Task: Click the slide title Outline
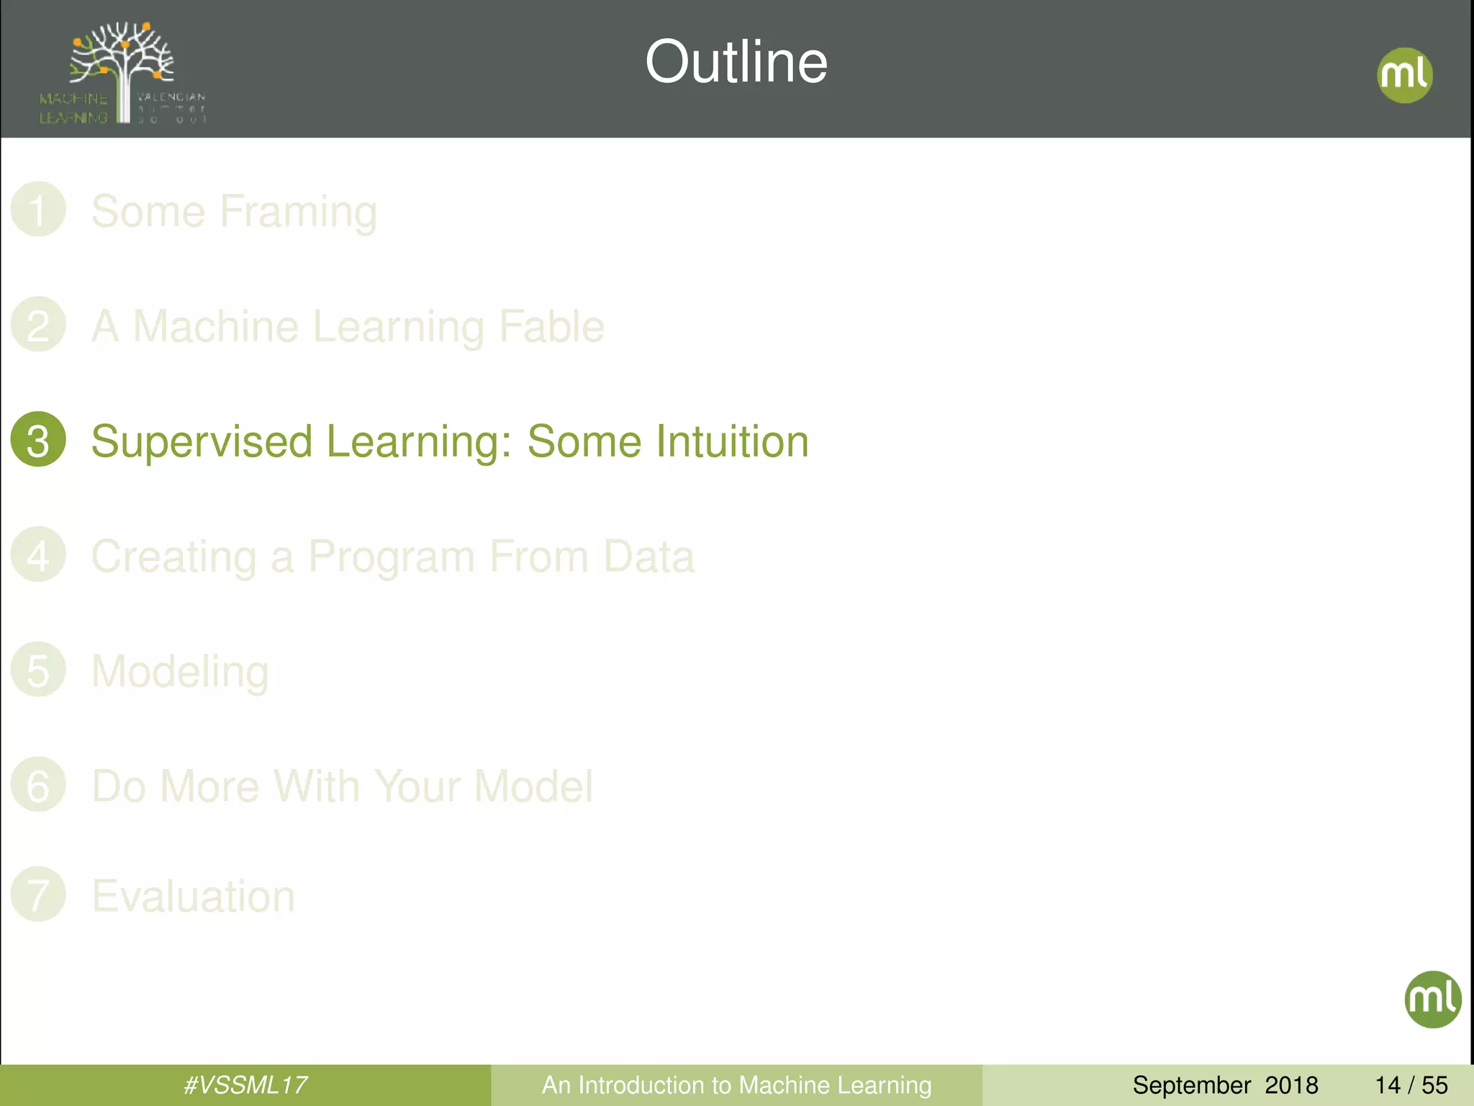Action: (736, 62)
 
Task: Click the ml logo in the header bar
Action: (1404, 75)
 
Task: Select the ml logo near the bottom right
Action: (1432, 999)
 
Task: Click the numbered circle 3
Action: (38, 439)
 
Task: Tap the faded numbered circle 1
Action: (38, 210)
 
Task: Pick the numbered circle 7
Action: (38, 894)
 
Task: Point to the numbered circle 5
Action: (38, 670)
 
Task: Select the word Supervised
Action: (202, 441)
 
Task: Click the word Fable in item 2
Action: (551, 326)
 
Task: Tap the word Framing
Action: (298, 212)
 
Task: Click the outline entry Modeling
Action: (180, 671)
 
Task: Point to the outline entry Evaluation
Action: (193, 896)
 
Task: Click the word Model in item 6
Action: (533, 786)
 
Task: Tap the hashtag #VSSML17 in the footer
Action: (245, 1085)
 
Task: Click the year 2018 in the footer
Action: (1291, 1085)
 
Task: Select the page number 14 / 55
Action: (1411, 1085)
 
